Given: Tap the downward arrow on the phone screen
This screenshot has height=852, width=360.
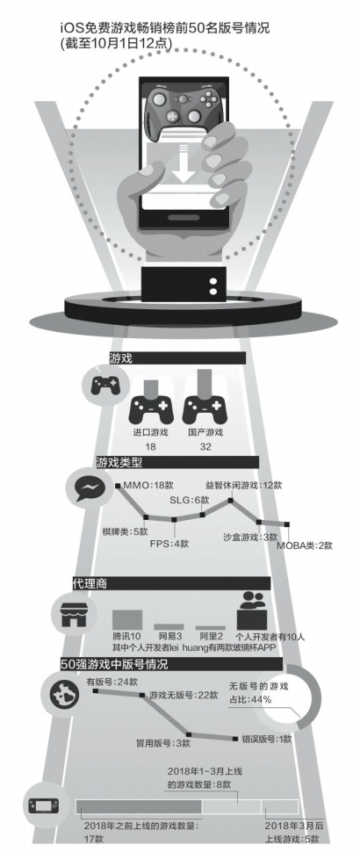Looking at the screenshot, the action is [x=184, y=163].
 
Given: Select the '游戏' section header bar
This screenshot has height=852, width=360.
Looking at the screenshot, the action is [x=177, y=358].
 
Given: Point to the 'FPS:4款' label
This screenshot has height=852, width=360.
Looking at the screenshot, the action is [x=169, y=544].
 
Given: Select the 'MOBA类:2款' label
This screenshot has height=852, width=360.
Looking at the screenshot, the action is [x=305, y=545].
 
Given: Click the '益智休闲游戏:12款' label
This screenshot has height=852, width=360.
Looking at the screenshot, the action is [x=244, y=485].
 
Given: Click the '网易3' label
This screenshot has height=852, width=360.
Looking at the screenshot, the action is [x=170, y=636].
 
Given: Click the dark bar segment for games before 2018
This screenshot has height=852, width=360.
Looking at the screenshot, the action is [x=139, y=806].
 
